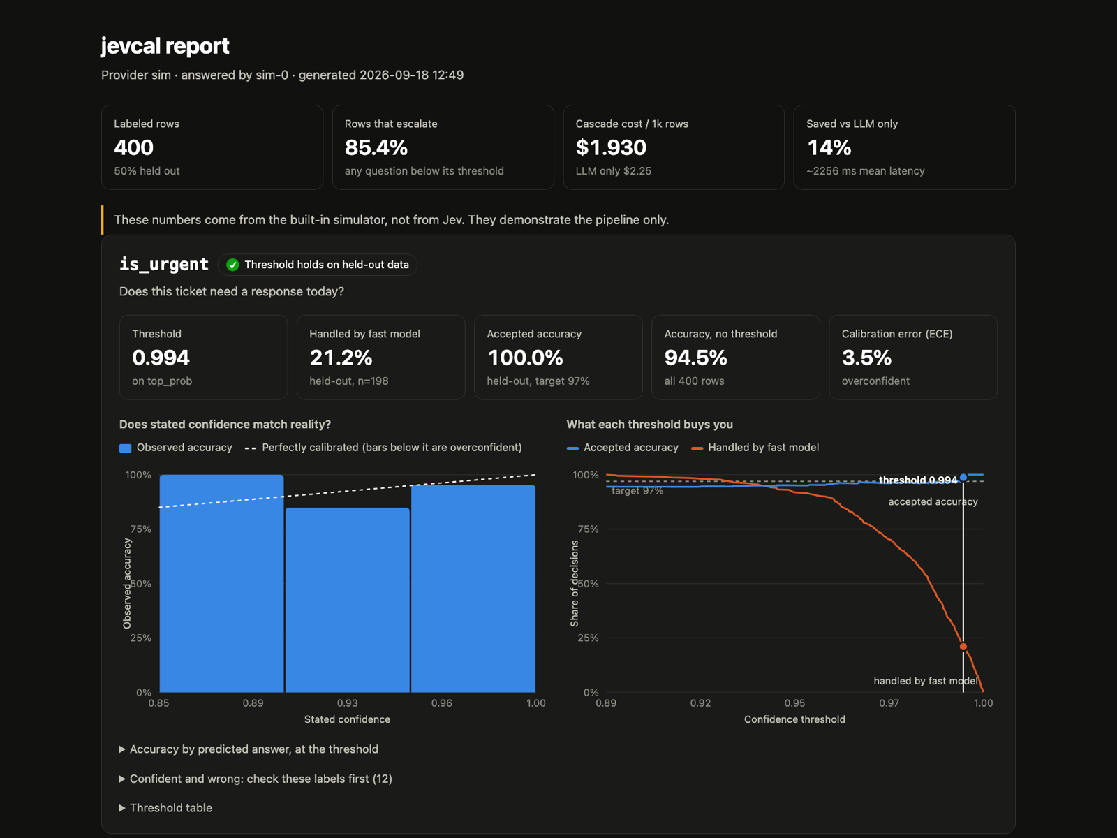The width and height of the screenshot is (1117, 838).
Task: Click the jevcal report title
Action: coord(165,46)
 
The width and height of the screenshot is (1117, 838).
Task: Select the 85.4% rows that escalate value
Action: coord(376,147)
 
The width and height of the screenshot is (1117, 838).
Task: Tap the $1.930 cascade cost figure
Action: coord(611,147)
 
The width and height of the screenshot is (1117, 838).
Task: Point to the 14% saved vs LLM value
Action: coord(829,147)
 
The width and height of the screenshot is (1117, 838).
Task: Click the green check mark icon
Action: coord(232,265)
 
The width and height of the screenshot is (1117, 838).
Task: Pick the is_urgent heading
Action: coord(164,265)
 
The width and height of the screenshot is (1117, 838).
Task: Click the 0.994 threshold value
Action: coord(161,358)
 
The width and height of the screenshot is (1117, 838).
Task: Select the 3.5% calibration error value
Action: coord(866,358)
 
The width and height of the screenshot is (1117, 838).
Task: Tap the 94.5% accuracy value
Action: coord(695,358)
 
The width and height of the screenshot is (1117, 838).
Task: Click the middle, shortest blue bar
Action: coord(348,600)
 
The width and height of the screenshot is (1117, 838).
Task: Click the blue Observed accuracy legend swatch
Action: coord(125,448)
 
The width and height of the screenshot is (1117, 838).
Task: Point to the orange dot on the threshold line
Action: coord(963,647)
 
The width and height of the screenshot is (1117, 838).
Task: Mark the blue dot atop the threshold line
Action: coord(963,477)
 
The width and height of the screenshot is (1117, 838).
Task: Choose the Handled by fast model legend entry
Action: coord(755,448)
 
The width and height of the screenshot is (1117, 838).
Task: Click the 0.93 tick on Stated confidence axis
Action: coord(347,703)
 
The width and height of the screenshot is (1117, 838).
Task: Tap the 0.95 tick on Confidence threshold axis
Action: coord(794,703)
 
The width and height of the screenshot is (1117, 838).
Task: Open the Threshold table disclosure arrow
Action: coord(122,808)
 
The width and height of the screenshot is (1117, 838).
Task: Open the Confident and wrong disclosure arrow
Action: coord(122,779)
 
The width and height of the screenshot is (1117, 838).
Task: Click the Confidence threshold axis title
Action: coord(794,719)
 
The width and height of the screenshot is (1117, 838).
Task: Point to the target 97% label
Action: coord(637,491)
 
